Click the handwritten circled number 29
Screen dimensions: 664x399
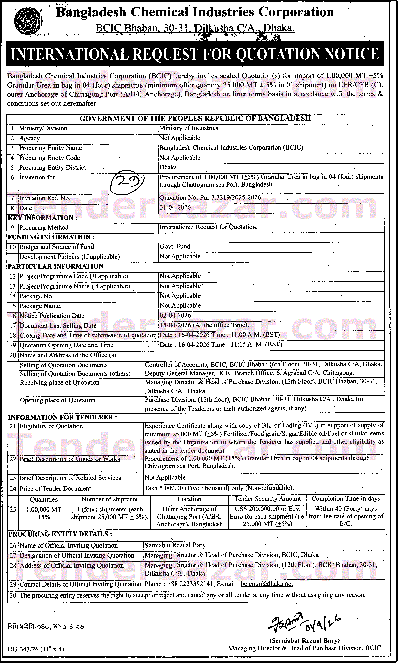[x=128, y=181]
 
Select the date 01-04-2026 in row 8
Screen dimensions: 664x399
[x=175, y=208]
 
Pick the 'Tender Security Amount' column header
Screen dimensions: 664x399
[x=267, y=499]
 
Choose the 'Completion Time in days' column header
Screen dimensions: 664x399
[x=346, y=499]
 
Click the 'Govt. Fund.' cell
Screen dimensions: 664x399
[x=176, y=247]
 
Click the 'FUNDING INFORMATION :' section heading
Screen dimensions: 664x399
[x=51, y=237]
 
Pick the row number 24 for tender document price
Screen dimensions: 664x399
[x=13, y=488]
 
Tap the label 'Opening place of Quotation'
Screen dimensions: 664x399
[x=58, y=400]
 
